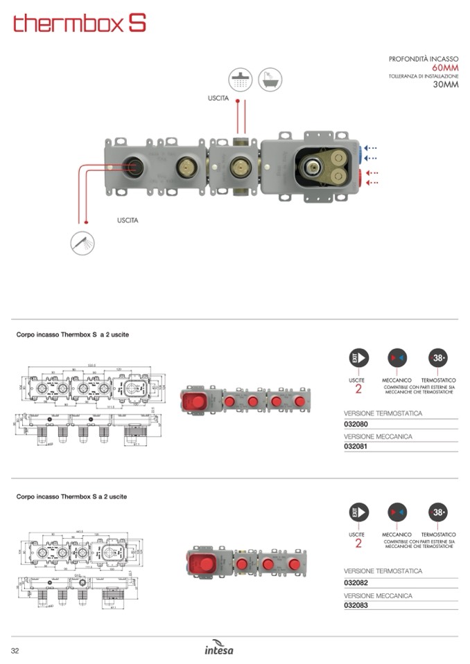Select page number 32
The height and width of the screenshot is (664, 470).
15,649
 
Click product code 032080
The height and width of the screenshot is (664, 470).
356,423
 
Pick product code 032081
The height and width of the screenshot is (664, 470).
356,447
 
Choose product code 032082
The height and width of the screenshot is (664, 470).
356,582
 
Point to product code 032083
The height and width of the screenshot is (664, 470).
356,605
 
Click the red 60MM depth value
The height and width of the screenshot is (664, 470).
445,68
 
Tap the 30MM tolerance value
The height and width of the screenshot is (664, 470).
446,84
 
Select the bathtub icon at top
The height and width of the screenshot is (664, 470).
270,79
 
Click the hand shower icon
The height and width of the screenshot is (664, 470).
82,243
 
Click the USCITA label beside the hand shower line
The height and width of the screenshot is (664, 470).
128,220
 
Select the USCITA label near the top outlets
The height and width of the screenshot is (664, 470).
218,99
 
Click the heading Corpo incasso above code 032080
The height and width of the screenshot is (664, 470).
72,335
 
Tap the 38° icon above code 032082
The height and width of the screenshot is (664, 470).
438,513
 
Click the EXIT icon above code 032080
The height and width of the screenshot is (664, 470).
358,358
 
